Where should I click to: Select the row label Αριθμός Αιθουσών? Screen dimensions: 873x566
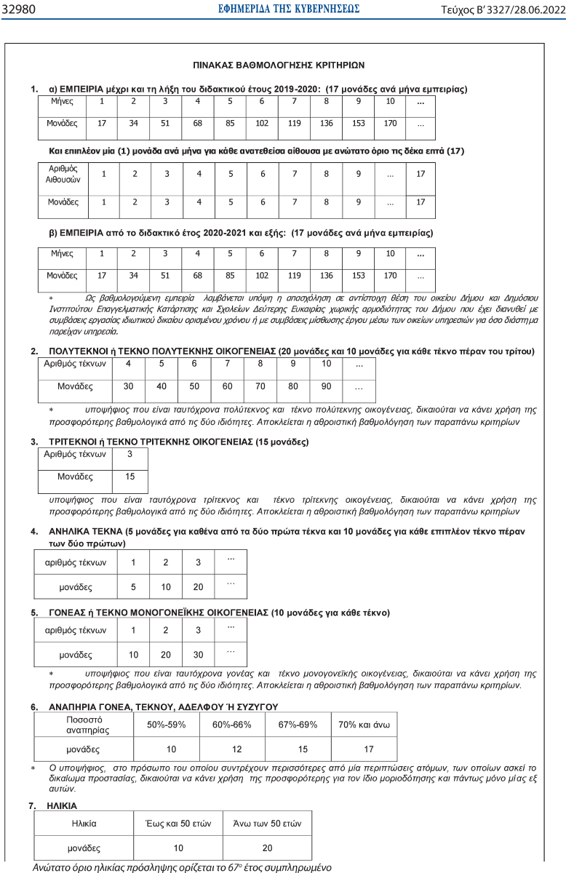[63, 173]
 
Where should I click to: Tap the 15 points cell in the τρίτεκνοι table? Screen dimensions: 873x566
[130, 477]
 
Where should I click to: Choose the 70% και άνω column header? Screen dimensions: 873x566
[364, 725]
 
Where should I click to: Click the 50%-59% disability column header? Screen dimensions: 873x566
[167, 725]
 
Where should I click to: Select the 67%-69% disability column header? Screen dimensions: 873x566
[298, 725]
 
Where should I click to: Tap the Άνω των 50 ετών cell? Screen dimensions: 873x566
[266, 824]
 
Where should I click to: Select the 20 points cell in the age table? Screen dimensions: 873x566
[266, 848]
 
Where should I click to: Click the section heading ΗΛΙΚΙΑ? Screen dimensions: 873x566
[63, 805]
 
